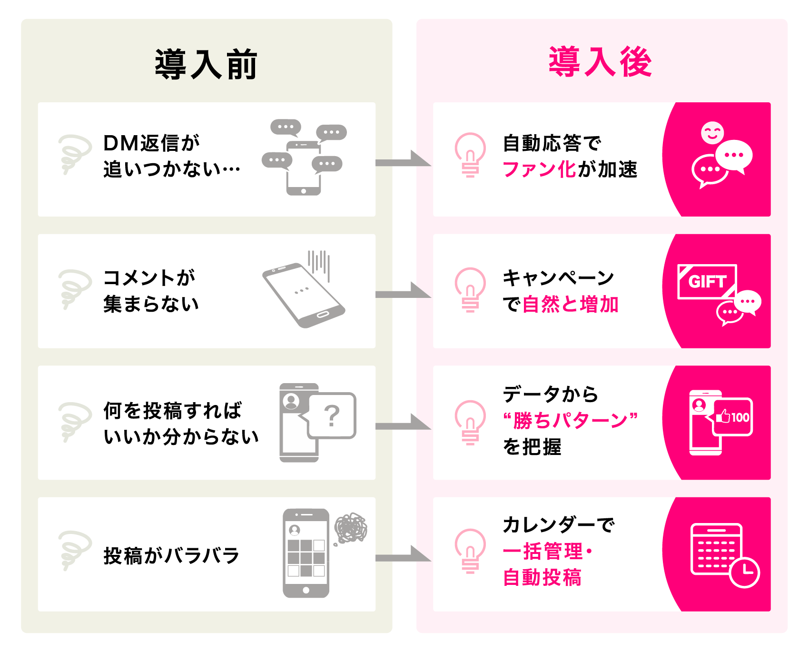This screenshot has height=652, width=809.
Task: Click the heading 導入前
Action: (x=206, y=64)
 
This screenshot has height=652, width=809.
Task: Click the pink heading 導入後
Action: (x=601, y=62)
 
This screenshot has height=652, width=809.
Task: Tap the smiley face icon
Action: (x=712, y=133)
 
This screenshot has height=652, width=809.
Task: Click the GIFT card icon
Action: (x=707, y=281)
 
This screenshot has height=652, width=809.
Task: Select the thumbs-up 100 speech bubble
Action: (x=732, y=417)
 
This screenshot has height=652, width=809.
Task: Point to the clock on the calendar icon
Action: (x=744, y=572)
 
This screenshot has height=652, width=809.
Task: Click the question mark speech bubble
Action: (x=332, y=415)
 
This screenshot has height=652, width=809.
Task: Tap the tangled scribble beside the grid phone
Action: (x=351, y=528)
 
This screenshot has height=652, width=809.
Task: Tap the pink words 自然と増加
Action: (x=570, y=304)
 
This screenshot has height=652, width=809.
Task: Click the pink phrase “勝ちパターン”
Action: (x=570, y=421)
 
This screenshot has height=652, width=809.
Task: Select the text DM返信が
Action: (x=152, y=143)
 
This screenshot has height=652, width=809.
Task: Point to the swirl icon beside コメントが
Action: (x=74, y=289)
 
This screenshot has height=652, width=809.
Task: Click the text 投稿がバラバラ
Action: (x=171, y=555)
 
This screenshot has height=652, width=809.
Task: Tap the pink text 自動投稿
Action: (x=542, y=577)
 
